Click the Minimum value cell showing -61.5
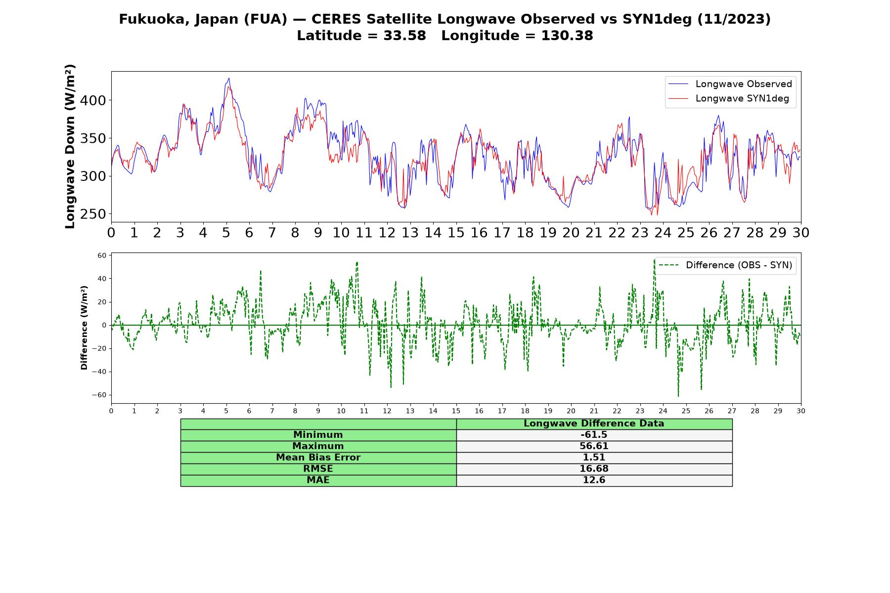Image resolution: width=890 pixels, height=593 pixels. pos(594,435)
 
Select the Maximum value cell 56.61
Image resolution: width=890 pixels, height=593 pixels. pos(594,446)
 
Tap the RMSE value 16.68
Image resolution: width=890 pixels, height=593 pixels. pos(594,469)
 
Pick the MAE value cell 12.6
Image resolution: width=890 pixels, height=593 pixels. pos(594,480)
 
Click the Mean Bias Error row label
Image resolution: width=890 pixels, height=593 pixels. pos(318,458)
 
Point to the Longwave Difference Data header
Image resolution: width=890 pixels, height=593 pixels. pos(594,424)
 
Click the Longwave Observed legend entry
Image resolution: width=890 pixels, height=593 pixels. pos(730,84)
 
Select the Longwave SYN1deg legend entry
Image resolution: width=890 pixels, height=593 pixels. pos(728,98)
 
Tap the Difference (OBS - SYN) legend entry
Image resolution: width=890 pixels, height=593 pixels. pos(725,265)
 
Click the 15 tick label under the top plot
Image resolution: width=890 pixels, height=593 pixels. pos(456,233)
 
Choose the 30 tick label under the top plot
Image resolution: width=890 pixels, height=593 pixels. pos(801,233)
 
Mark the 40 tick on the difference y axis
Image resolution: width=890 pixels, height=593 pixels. pos(102,279)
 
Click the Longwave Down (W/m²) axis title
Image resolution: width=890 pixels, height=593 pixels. pos(70,146)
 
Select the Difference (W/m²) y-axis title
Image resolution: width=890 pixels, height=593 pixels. pos(84,328)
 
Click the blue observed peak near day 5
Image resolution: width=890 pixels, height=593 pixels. pos(228,78)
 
